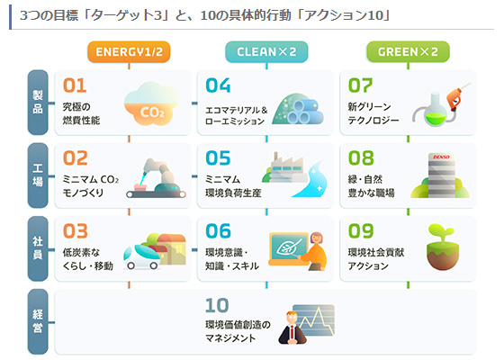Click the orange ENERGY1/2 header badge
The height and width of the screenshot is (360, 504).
coord(129,52)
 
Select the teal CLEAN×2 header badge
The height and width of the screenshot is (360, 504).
coord(266,52)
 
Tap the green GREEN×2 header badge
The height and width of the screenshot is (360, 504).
coord(408,52)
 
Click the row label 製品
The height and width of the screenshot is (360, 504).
coord(38,103)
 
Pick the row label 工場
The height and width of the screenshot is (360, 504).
coord(38,175)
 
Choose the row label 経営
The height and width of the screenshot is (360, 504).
coord(38,321)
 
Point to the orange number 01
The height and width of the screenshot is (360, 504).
coord(75,85)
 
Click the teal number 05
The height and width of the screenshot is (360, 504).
coord(218,158)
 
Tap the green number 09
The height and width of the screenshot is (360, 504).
coord(361,231)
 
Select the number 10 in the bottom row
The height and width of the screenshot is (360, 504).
coord(217,305)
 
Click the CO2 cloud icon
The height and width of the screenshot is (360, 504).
coord(151,103)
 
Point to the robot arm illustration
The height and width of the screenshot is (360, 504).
coord(156,178)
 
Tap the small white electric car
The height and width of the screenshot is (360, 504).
coord(141,257)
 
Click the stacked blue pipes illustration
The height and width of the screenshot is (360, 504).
coord(306,112)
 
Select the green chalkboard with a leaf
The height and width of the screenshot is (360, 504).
coord(288,248)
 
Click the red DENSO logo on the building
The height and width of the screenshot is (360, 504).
coord(441,157)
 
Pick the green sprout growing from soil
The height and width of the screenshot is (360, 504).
coord(443,247)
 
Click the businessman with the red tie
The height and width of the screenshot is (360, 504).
coord(292,328)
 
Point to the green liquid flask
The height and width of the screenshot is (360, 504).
coord(436,111)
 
